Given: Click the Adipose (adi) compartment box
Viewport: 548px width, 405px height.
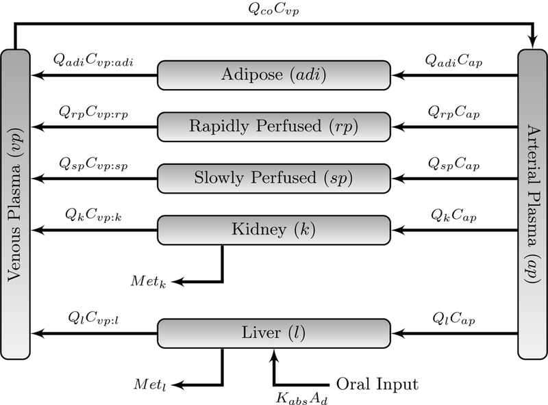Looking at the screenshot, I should click(274, 75).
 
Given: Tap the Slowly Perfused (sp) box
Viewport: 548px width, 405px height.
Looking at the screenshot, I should click(274, 178).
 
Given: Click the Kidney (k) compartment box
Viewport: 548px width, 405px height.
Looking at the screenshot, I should click(274, 230).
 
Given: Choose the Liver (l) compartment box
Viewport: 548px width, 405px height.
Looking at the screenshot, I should click(274, 333).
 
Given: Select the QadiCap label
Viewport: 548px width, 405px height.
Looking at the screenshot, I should click(452, 61).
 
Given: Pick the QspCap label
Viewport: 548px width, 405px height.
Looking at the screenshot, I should click(453, 165).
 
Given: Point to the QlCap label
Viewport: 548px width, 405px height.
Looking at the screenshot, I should click(453, 319).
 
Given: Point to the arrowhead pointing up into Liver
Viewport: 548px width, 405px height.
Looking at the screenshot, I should click(274, 354).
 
